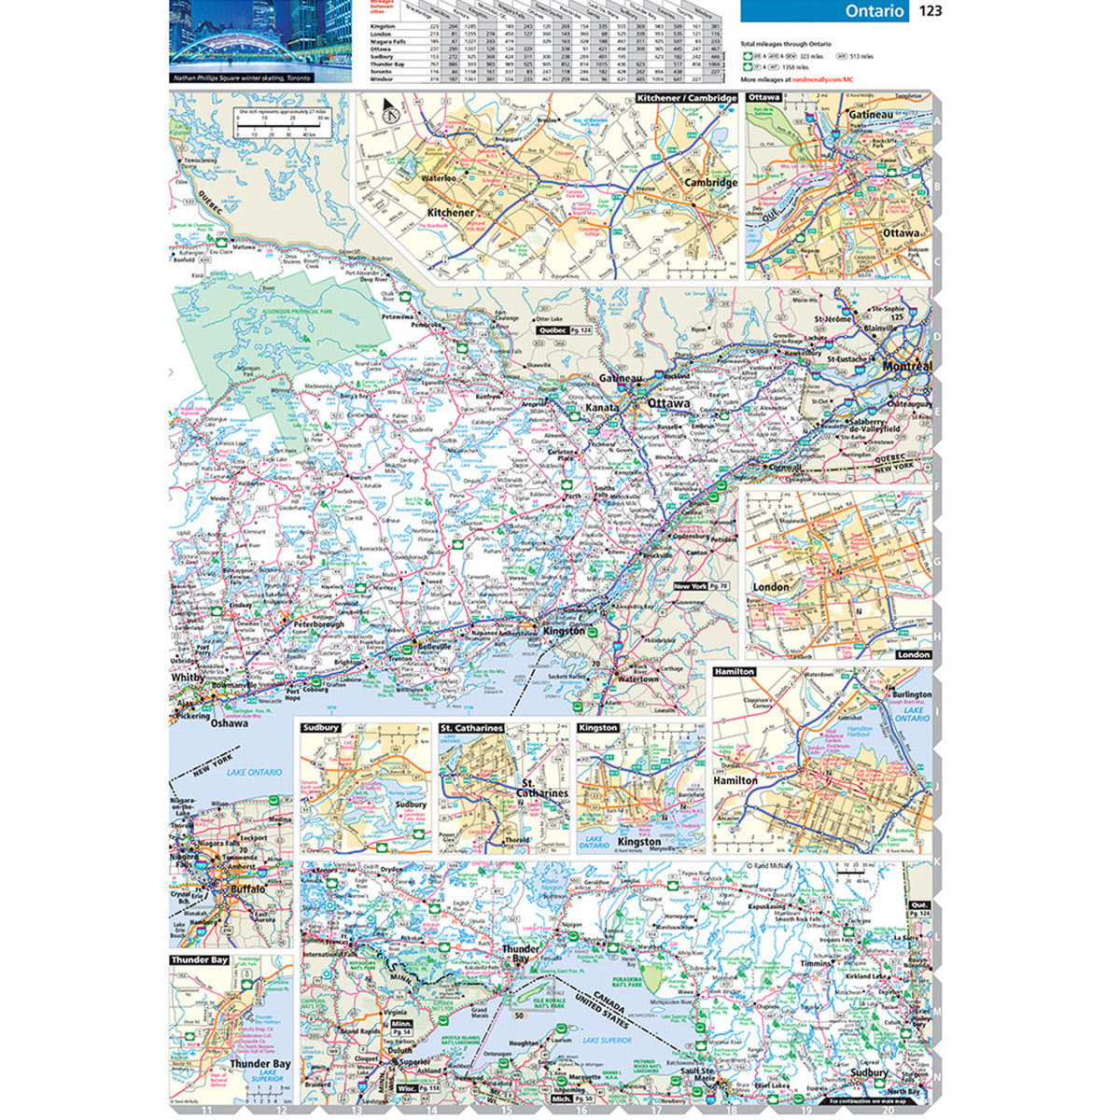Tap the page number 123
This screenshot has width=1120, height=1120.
click(x=931, y=11)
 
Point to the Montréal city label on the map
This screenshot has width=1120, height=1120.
click(x=907, y=367)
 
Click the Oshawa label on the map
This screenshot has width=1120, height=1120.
click(x=229, y=722)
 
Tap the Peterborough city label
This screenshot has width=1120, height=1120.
click(x=318, y=623)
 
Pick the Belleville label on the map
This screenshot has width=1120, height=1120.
click(x=433, y=646)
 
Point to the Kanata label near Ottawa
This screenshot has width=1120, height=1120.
click(x=603, y=409)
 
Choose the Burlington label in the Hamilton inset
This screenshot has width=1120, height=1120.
click(x=911, y=694)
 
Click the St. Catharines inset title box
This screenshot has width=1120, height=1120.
click(x=471, y=727)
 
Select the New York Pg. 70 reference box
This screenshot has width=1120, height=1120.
click(x=700, y=586)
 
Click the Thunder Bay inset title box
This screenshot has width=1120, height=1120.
click(x=200, y=959)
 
